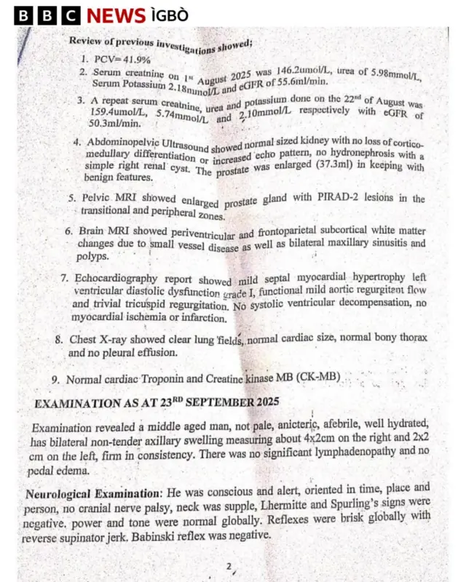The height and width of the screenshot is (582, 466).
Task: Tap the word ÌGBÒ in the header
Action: (x=170, y=16)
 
